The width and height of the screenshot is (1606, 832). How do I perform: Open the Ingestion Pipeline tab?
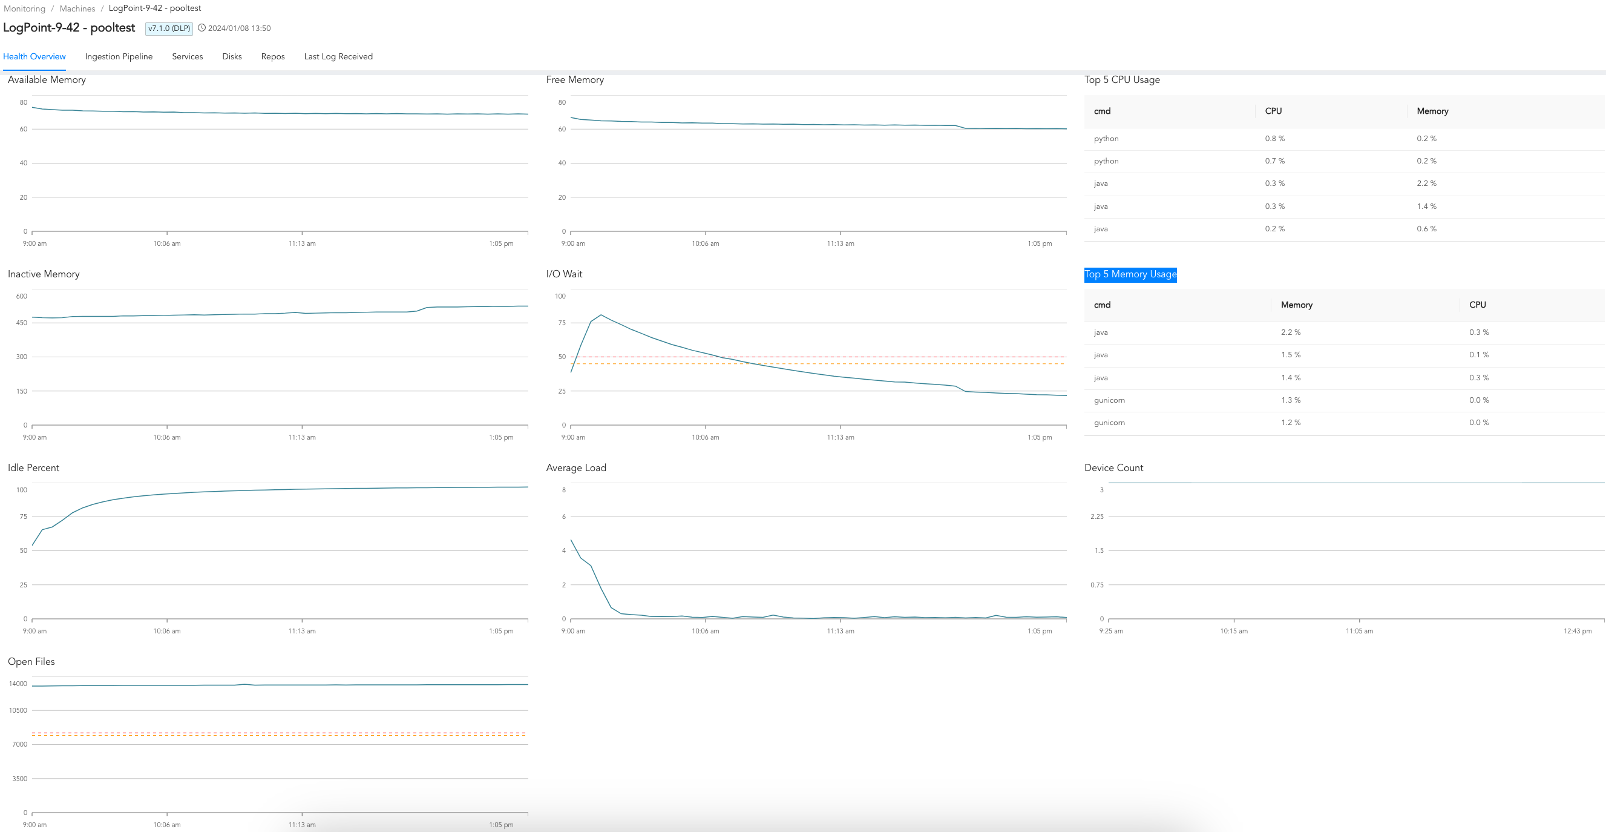(x=119, y=57)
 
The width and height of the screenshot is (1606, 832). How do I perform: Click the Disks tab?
(x=232, y=57)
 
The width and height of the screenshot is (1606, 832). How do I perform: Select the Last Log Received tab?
(x=338, y=57)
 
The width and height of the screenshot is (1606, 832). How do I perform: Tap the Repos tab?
(x=272, y=57)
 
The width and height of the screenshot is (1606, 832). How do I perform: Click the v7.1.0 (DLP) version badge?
(x=169, y=28)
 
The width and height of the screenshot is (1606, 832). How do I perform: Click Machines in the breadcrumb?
(x=77, y=8)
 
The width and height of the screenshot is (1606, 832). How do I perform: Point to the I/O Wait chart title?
(x=563, y=274)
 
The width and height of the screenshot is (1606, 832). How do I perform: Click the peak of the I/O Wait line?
(x=600, y=315)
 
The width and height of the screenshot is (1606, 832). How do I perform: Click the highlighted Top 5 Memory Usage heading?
(x=1130, y=274)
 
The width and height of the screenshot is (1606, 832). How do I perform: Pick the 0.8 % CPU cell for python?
(x=1274, y=139)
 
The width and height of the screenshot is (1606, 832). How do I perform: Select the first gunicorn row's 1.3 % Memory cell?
(x=1291, y=400)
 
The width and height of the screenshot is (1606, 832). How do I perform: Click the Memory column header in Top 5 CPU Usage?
(x=1432, y=111)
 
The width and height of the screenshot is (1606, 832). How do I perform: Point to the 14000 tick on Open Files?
(x=18, y=684)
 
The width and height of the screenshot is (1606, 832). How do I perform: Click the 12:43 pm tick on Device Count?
(x=1577, y=631)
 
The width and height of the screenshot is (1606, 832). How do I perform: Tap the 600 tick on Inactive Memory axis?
(x=21, y=296)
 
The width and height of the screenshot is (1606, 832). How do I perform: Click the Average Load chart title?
(x=575, y=467)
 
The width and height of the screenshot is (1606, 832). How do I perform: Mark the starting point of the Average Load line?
(x=571, y=540)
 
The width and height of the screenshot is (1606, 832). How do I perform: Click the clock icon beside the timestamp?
(x=202, y=28)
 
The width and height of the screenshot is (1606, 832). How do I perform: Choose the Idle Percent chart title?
(x=33, y=467)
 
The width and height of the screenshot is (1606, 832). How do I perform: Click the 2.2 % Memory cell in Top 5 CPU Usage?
(x=1426, y=183)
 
